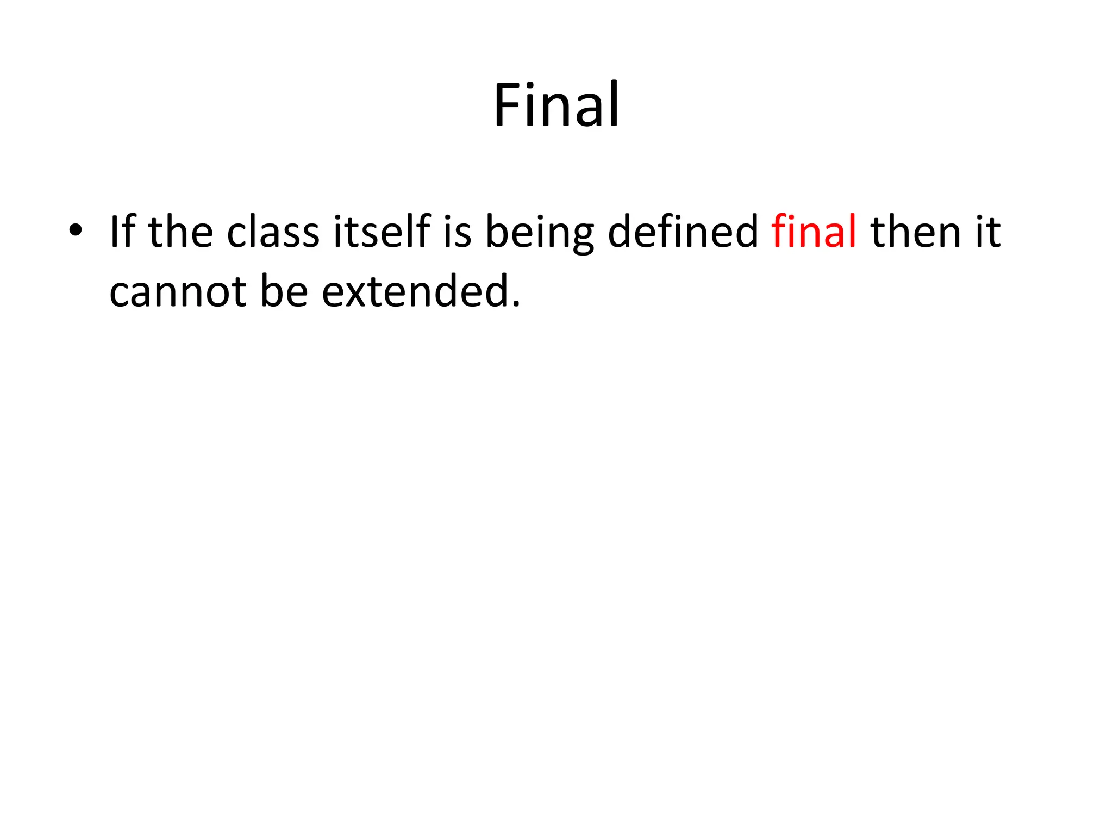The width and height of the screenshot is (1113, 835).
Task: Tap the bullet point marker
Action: [x=76, y=230]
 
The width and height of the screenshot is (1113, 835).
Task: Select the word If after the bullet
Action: [x=122, y=231]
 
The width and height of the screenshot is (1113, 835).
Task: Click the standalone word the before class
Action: [x=180, y=231]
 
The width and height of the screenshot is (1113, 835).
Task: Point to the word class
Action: [x=273, y=231]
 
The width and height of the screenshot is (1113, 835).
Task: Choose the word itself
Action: [x=382, y=231]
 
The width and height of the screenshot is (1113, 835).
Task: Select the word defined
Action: [x=683, y=231]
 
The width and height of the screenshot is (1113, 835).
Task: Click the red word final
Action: [x=814, y=231]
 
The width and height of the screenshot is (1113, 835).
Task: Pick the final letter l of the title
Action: [x=614, y=103]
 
